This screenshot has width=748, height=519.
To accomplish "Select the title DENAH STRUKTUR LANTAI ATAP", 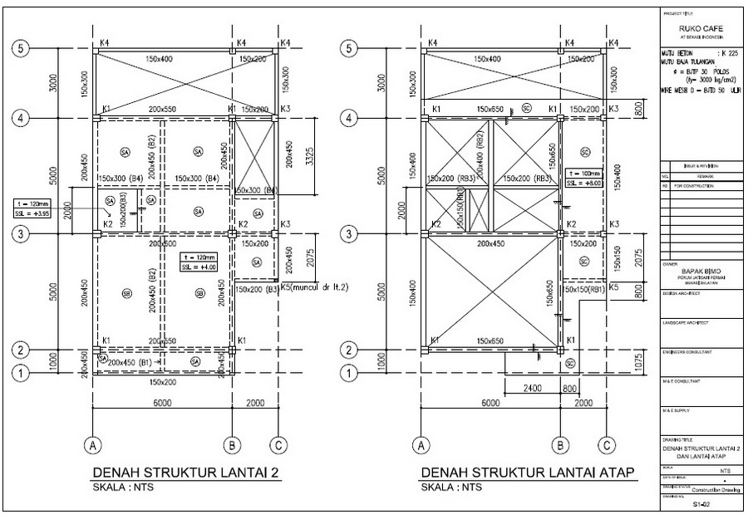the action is [x=528, y=473].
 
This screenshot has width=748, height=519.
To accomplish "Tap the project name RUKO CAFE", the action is [x=701, y=28].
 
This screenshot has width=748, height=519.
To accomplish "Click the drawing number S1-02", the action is [x=701, y=504].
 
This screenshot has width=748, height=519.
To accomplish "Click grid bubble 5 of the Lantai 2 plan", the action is [x=22, y=48].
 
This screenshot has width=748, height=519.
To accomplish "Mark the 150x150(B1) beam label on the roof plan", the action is [x=584, y=289].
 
